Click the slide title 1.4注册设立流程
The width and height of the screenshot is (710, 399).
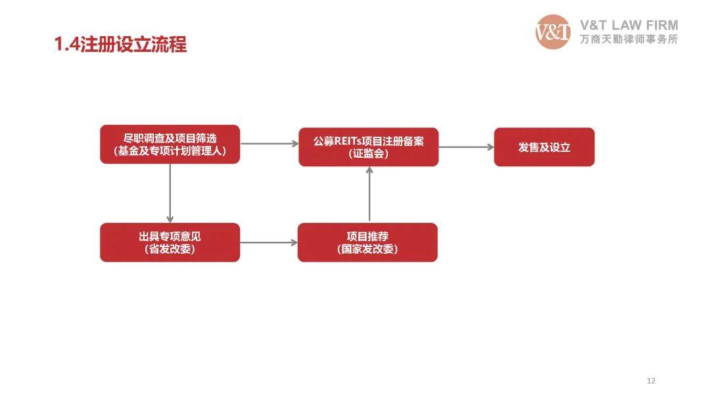pos(120,45)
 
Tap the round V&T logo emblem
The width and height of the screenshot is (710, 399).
pos(553,32)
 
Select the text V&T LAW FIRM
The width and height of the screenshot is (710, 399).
pos(629,25)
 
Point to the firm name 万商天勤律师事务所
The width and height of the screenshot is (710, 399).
pos(629,39)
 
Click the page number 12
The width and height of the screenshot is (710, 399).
pos(651,381)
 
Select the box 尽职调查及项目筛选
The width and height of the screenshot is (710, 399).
pos(170,144)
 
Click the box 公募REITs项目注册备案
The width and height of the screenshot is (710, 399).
pos(369,147)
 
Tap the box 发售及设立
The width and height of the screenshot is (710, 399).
pos(544,147)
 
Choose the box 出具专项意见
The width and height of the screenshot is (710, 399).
pos(170,243)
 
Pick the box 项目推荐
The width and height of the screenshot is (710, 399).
pos(367,243)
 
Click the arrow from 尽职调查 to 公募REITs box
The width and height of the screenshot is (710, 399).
pos(270,143)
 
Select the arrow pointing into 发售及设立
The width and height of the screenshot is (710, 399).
pos(466,147)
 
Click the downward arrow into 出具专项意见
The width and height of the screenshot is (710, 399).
pos(170,193)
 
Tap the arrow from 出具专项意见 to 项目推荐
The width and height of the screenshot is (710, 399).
pos(268,243)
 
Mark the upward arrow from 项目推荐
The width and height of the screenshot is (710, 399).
pos(369,195)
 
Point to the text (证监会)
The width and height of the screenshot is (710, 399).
pos(369,154)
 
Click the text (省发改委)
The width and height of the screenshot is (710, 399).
pos(170,249)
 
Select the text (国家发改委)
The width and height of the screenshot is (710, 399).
pos(367,249)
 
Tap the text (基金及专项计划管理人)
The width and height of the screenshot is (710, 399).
pos(170,151)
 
